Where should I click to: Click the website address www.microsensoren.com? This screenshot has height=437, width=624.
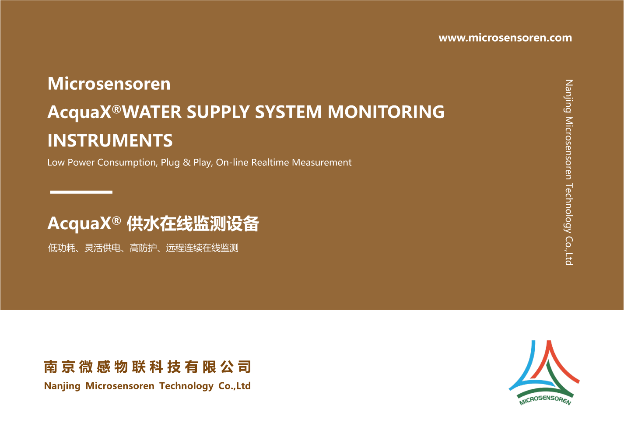tap(505, 38)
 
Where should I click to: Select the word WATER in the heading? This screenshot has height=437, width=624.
tap(152, 112)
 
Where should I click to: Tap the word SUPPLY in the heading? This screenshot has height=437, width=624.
tap(218, 112)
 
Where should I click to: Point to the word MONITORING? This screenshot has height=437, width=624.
tap(386, 112)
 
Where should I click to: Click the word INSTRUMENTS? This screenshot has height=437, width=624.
tap(110, 140)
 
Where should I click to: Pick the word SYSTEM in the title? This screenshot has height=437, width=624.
tap(288, 112)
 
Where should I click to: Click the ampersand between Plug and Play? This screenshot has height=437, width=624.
tap(187, 162)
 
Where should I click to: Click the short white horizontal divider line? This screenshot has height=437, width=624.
tap(81, 192)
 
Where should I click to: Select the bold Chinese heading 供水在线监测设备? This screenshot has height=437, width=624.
tap(193, 224)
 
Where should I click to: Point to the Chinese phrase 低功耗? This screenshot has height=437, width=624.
tap(62, 248)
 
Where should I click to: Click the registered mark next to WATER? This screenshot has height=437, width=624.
tap(116, 109)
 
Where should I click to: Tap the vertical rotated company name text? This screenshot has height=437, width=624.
tap(569, 172)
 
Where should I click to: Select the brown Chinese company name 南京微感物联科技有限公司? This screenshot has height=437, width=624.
tap(147, 367)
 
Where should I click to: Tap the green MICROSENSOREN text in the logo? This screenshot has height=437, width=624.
tap(545, 400)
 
